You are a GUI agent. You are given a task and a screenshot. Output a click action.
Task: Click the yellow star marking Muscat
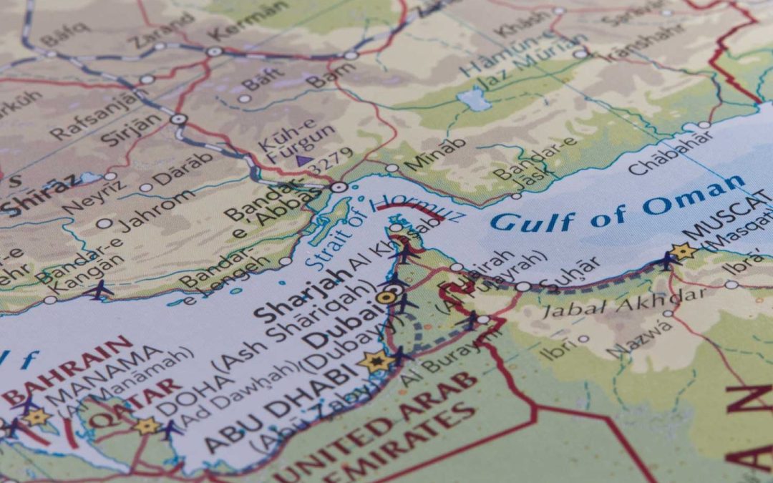click(682, 251)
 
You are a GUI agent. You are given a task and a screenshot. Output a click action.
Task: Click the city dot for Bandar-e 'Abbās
click(339, 187)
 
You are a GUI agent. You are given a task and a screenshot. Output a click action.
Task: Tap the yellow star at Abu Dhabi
click(375, 361)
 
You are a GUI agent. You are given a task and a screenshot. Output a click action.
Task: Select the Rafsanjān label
click(101, 114)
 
